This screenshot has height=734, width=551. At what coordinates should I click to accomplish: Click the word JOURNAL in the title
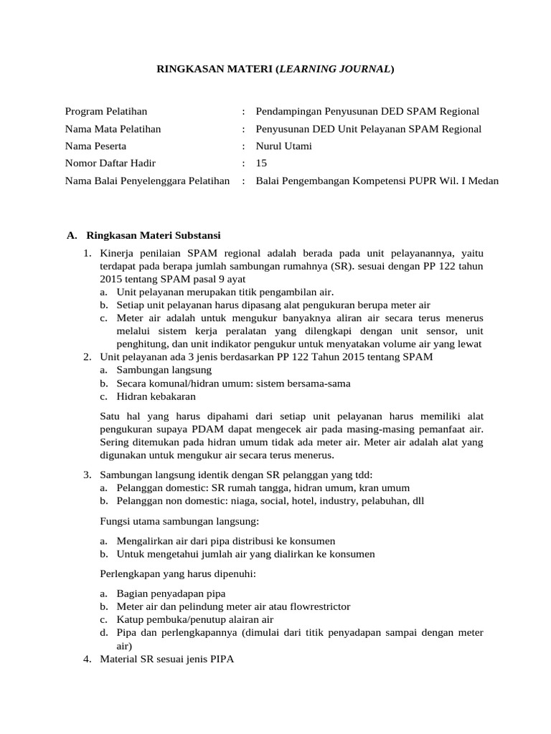click(x=362, y=70)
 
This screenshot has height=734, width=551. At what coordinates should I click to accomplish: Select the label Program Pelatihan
click(x=106, y=111)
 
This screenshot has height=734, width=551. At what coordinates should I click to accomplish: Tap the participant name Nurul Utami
click(x=284, y=146)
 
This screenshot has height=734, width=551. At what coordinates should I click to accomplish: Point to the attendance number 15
click(x=261, y=163)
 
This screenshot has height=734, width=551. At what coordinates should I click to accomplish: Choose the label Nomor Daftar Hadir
click(x=110, y=163)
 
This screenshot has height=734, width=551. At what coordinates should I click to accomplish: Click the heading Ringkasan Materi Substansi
click(x=154, y=235)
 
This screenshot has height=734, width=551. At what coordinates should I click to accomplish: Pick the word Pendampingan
click(x=286, y=111)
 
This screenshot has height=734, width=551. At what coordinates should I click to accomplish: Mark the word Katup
click(x=129, y=619)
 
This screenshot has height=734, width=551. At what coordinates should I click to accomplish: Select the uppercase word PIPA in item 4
click(x=222, y=658)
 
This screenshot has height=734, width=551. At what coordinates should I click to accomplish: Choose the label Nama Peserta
click(x=96, y=146)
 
